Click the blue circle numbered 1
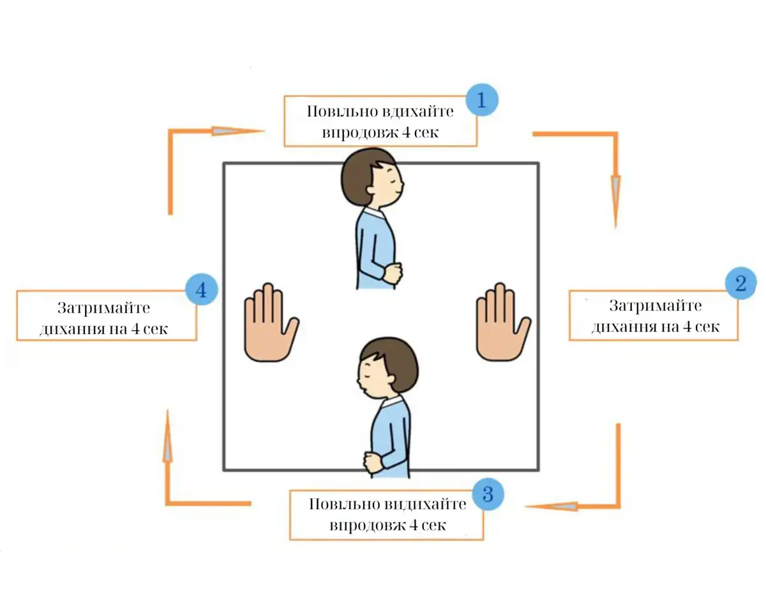click(482, 100)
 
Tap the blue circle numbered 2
click(740, 283)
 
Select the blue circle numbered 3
click(488, 494)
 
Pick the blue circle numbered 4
click(202, 289)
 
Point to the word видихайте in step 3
click(426, 504)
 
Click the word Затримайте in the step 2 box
click(656, 306)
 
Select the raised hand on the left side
click(271, 322)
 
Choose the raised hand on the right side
click(503, 322)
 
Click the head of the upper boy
click(372, 178)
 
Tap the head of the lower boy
click(388, 368)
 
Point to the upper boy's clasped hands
click(393, 273)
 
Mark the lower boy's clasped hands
click(373, 463)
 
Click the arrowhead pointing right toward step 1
click(237, 131)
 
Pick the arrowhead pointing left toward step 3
click(551, 506)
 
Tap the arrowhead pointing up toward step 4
click(168, 435)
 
